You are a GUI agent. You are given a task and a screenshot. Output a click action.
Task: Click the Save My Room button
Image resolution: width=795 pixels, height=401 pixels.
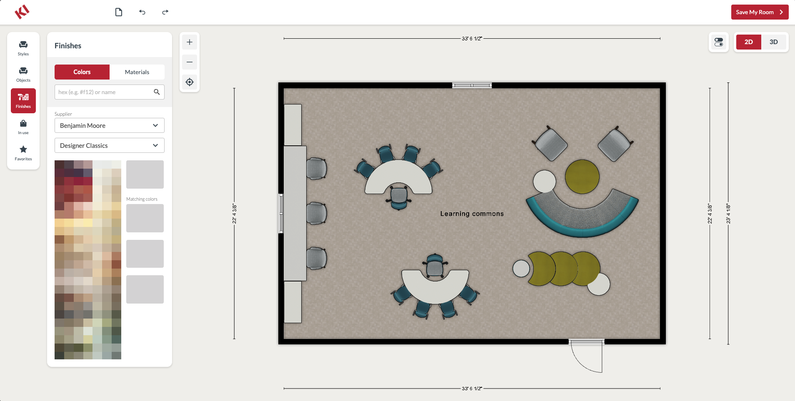coord(760,12)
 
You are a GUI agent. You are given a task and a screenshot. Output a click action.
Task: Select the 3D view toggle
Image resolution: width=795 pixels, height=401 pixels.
coord(774,42)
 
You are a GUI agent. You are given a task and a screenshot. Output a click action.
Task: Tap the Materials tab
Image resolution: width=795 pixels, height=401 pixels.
coord(137,72)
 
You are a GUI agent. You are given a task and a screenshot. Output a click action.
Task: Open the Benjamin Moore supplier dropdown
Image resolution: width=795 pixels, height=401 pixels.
coord(110,125)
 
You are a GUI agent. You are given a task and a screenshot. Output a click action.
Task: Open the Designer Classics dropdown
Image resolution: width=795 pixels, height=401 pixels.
coord(110,145)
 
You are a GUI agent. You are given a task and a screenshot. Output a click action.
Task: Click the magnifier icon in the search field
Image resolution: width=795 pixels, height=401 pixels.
coord(157,92)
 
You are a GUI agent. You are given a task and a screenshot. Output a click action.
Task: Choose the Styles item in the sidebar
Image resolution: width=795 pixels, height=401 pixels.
coord(23,48)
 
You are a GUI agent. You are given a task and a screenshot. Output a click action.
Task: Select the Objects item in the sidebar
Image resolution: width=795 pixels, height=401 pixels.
coord(23,75)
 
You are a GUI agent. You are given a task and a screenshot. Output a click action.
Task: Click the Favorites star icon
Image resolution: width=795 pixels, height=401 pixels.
coord(23,149)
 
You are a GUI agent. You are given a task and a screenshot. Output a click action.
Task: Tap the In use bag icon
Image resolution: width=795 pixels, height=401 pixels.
coord(23,123)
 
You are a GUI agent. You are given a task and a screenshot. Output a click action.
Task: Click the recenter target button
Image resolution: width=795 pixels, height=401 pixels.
coord(190,82)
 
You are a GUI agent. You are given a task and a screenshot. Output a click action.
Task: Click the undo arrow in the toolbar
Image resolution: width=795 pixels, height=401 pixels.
coord(142,12)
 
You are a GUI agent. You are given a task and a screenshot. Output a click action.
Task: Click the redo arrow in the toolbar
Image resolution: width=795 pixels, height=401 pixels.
coord(165,12)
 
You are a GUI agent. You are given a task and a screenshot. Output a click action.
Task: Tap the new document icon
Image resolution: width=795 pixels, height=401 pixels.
coord(119,12)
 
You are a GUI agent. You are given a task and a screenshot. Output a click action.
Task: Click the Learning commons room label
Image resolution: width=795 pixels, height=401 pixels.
coord(472,214)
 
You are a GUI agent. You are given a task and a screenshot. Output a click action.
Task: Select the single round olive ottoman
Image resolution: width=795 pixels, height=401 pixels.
coord(582,177)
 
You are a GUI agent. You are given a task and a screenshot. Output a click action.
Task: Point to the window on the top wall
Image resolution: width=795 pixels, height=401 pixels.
coord(472,85)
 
